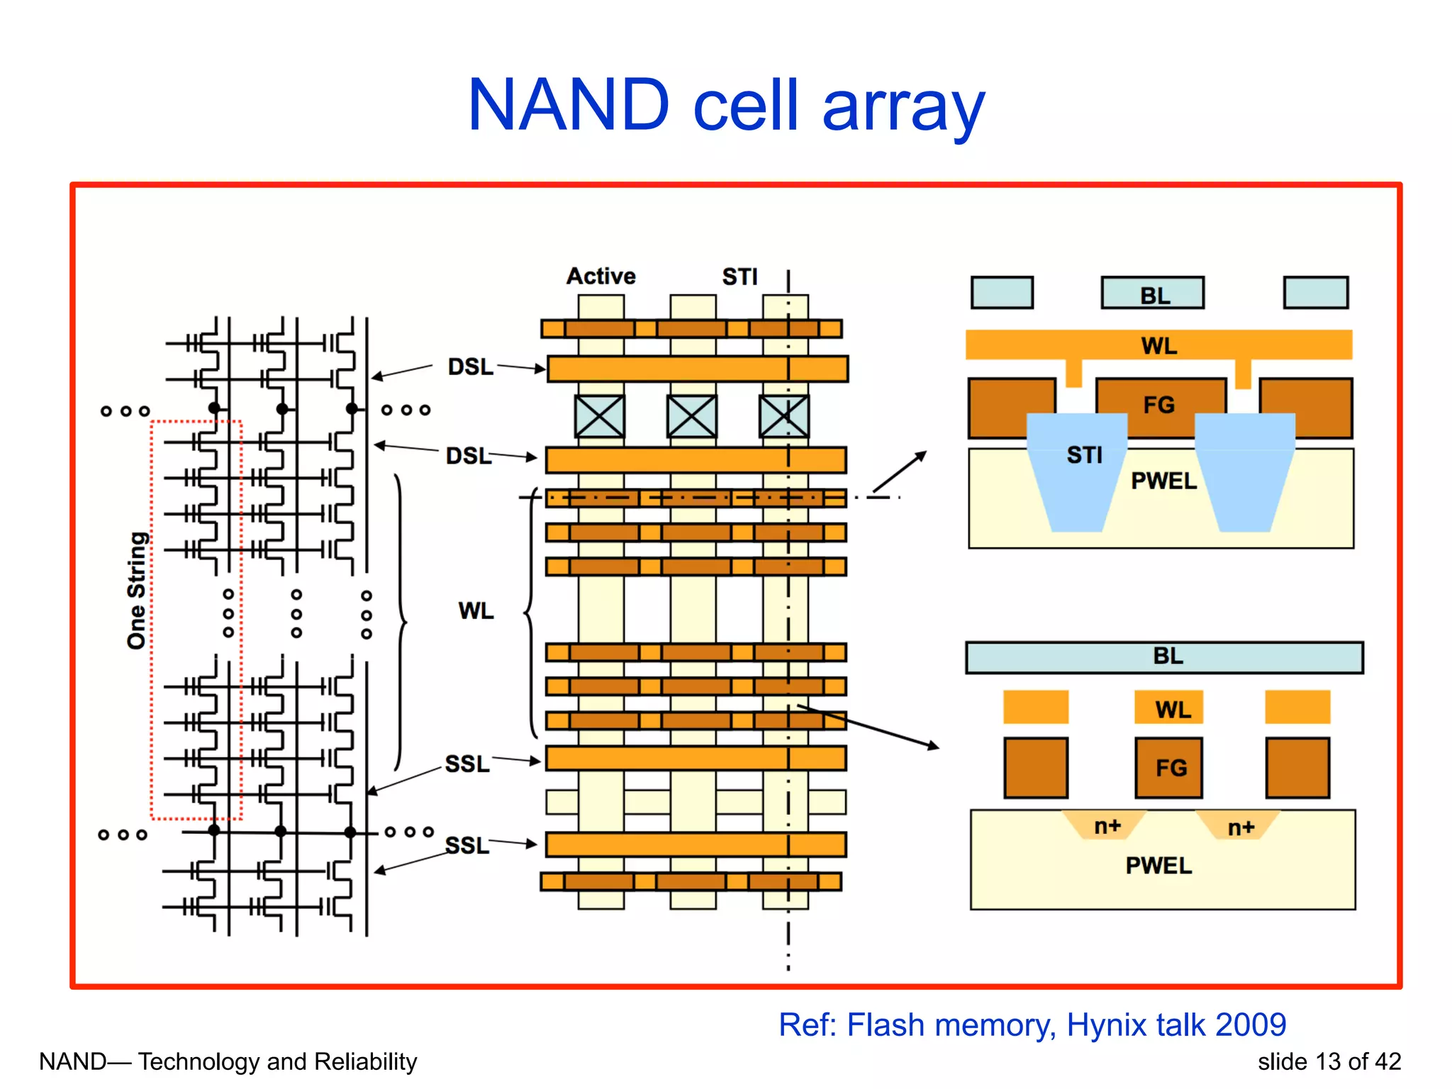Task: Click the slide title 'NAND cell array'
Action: coord(726,106)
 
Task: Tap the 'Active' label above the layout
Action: coord(601,276)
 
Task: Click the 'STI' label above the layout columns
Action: coord(739,277)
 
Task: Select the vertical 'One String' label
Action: coord(137,590)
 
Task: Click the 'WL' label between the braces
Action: coord(476,610)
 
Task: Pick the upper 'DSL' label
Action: coord(470,367)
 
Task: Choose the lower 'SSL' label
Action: coord(467,845)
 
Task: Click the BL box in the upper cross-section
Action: coord(1152,293)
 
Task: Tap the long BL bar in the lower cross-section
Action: coord(1163,657)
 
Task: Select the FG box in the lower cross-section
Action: coord(1168,768)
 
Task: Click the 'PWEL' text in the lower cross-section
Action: coord(1158,865)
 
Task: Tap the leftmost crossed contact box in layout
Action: coord(600,416)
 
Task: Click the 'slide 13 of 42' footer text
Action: coord(1329,1061)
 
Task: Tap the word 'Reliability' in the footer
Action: coord(365,1061)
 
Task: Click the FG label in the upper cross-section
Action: coord(1158,405)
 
